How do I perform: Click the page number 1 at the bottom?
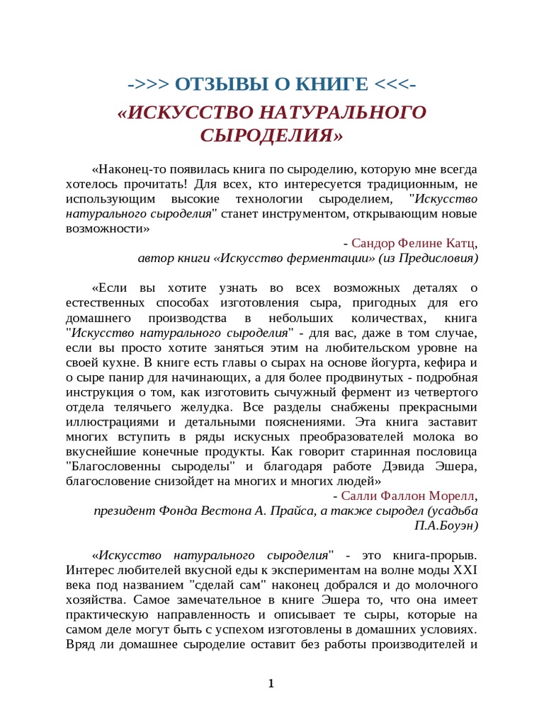(x=271, y=683)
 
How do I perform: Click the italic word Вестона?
(x=222, y=510)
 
